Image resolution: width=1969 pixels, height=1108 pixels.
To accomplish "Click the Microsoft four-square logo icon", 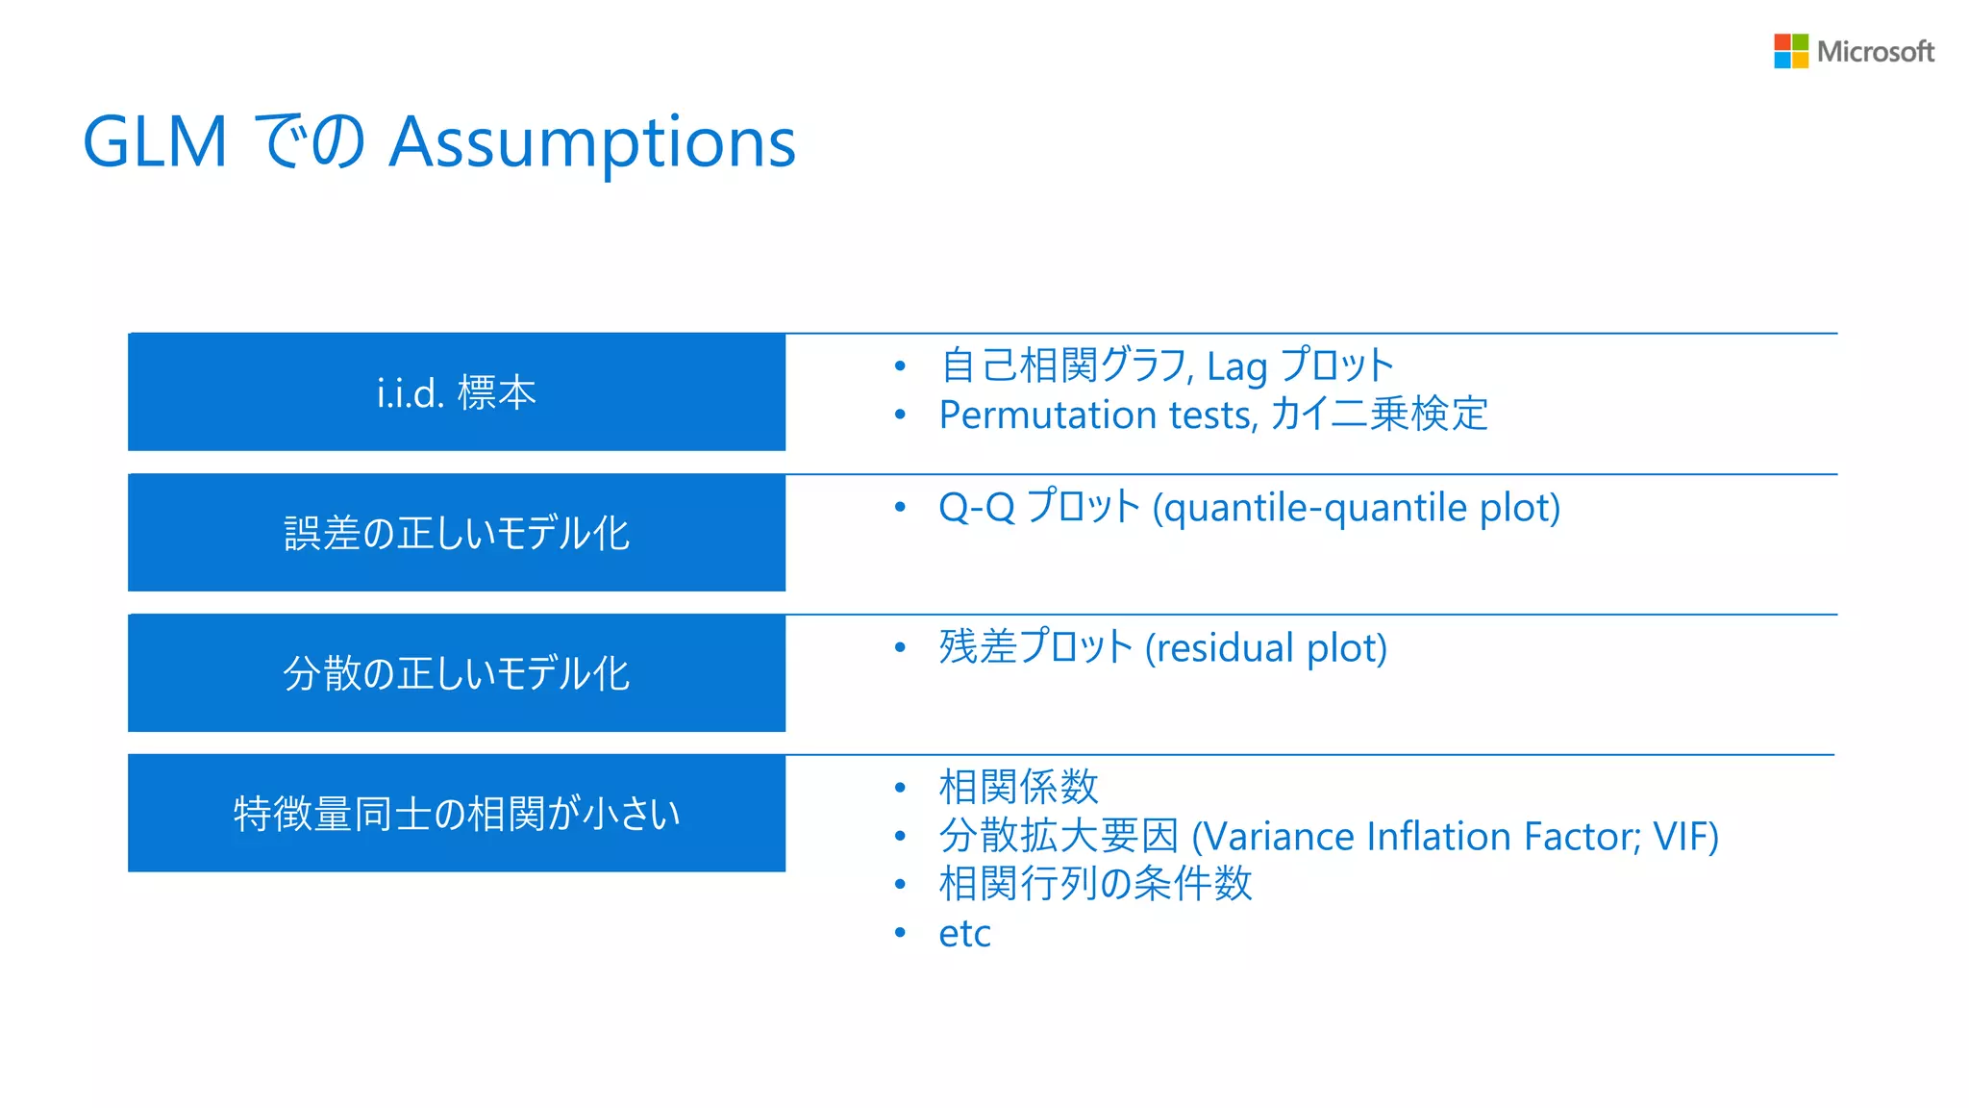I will coord(1790,51).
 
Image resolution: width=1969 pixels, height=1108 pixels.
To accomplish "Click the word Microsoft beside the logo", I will coord(1875,52).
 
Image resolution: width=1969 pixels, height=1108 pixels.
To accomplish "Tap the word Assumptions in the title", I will coord(592,142).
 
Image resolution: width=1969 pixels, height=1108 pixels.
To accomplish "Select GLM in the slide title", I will coord(155,142).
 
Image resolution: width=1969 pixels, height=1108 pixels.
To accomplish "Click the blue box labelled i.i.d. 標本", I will coord(457,392).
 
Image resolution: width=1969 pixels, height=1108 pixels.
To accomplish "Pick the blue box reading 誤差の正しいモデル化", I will coord(457,533).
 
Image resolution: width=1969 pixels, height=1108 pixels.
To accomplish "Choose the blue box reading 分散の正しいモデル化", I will coord(457,673).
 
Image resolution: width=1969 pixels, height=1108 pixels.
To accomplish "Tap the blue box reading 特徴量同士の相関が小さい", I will coord(457,814).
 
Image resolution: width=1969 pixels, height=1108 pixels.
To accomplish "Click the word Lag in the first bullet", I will coord(1236,367).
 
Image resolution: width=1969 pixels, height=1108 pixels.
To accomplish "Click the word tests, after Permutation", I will coord(1212,415).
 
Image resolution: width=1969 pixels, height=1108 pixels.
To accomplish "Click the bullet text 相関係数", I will coord(1018,787).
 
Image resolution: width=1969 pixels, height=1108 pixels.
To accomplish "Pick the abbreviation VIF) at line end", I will coord(1685,837).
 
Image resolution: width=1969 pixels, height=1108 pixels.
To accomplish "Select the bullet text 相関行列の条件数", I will coord(1095,884).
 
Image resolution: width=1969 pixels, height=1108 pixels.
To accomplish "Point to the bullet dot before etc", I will coord(900,933).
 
